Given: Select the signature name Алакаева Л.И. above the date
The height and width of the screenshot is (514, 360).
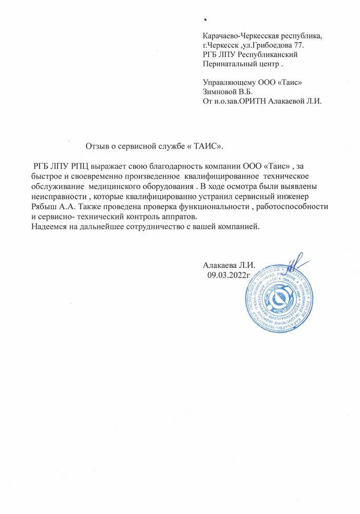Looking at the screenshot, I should pos(229,265).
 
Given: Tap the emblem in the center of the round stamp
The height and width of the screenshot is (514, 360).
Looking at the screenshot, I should pos(282,299).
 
